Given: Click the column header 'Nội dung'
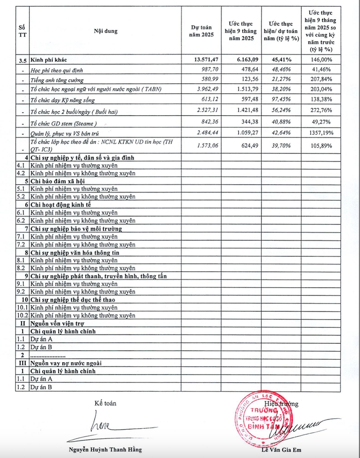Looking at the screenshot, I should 105,31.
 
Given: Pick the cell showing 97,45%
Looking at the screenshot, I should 282,99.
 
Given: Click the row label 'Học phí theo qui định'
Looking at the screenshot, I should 56,69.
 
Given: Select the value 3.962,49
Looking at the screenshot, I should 206,89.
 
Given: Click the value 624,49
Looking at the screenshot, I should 247,146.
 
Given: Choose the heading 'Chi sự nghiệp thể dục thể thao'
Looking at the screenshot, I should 73,300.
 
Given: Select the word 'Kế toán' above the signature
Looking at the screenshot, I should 105,403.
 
